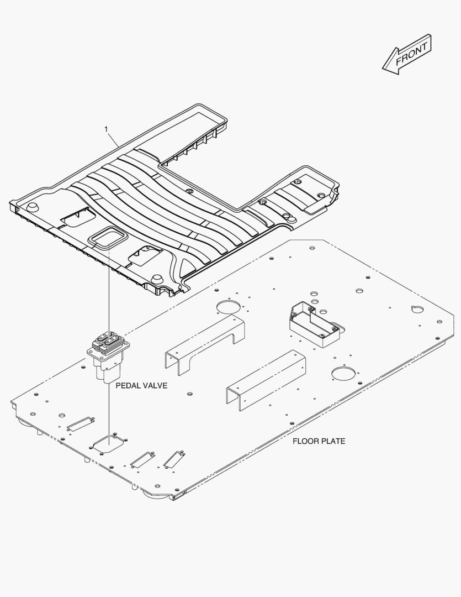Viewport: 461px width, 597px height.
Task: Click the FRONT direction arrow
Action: click(x=407, y=54)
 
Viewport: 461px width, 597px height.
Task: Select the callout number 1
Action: click(x=106, y=129)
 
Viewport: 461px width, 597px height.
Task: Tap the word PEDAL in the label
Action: click(x=126, y=385)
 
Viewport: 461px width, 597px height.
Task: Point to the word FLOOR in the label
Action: click(x=304, y=441)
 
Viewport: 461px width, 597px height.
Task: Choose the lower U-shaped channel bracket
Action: click(x=266, y=381)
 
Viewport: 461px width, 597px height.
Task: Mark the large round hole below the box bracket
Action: click(x=342, y=374)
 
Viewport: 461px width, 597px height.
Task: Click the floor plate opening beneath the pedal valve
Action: click(x=110, y=443)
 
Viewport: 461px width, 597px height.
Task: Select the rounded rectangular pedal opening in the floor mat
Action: click(x=107, y=238)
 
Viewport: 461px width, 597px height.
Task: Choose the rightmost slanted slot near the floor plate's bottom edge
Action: click(x=174, y=458)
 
